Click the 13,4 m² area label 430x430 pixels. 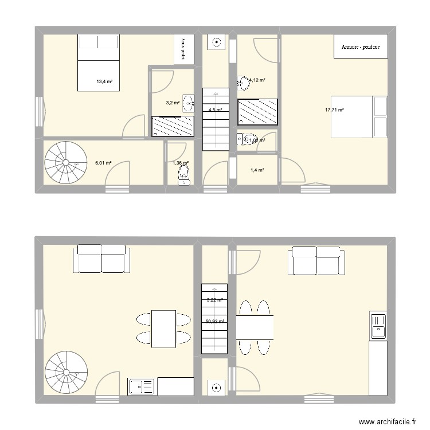tap(104, 81)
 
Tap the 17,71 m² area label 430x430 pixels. tap(333, 110)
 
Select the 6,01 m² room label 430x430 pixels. tap(103, 163)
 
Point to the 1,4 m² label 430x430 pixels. tap(256, 170)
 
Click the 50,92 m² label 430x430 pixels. tap(214, 322)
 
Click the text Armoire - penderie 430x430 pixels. tap(361, 47)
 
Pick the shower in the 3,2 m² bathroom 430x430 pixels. tap(173, 126)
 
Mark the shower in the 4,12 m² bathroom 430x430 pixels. tap(257, 111)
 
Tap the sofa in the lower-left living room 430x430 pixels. tap(101, 259)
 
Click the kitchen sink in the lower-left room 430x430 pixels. tap(142, 387)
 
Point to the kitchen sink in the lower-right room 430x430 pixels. tap(378, 327)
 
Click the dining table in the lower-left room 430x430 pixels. tap(163, 329)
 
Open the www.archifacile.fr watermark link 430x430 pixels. tap(387, 421)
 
